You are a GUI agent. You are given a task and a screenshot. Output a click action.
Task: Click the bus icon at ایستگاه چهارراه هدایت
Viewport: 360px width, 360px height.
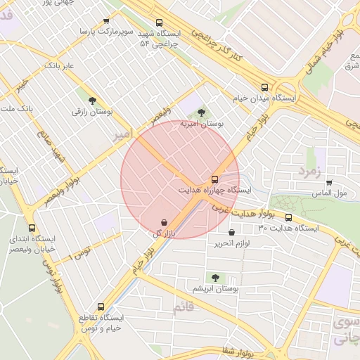tap(214, 179)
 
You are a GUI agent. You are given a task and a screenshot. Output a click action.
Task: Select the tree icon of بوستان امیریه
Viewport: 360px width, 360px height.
tap(202, 112)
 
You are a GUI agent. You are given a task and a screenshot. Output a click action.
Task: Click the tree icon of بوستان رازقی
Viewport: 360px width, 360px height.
tap(93, 101)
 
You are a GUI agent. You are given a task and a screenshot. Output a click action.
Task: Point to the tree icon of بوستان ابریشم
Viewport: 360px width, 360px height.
tap(214, 278)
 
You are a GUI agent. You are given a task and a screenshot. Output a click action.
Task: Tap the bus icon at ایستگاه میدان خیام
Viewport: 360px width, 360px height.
tap(264, 88)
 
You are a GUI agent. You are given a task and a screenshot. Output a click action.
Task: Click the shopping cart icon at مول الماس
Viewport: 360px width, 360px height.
tap(328, 183)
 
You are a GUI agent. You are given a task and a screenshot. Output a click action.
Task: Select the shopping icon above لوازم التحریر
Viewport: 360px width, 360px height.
tap(231, 233)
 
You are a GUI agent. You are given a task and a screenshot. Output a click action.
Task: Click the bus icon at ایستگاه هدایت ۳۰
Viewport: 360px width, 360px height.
tap(288, 217)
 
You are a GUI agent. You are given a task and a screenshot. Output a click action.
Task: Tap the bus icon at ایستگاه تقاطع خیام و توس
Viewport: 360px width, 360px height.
tap(101, 307)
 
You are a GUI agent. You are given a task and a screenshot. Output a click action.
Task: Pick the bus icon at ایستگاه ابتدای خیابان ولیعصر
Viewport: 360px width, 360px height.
tap(32, 228)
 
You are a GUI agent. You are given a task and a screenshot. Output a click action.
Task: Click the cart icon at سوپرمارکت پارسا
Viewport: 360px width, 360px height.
tap(106, 21)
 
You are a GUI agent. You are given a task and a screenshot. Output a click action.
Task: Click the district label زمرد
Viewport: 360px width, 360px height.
tap(309, 171)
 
